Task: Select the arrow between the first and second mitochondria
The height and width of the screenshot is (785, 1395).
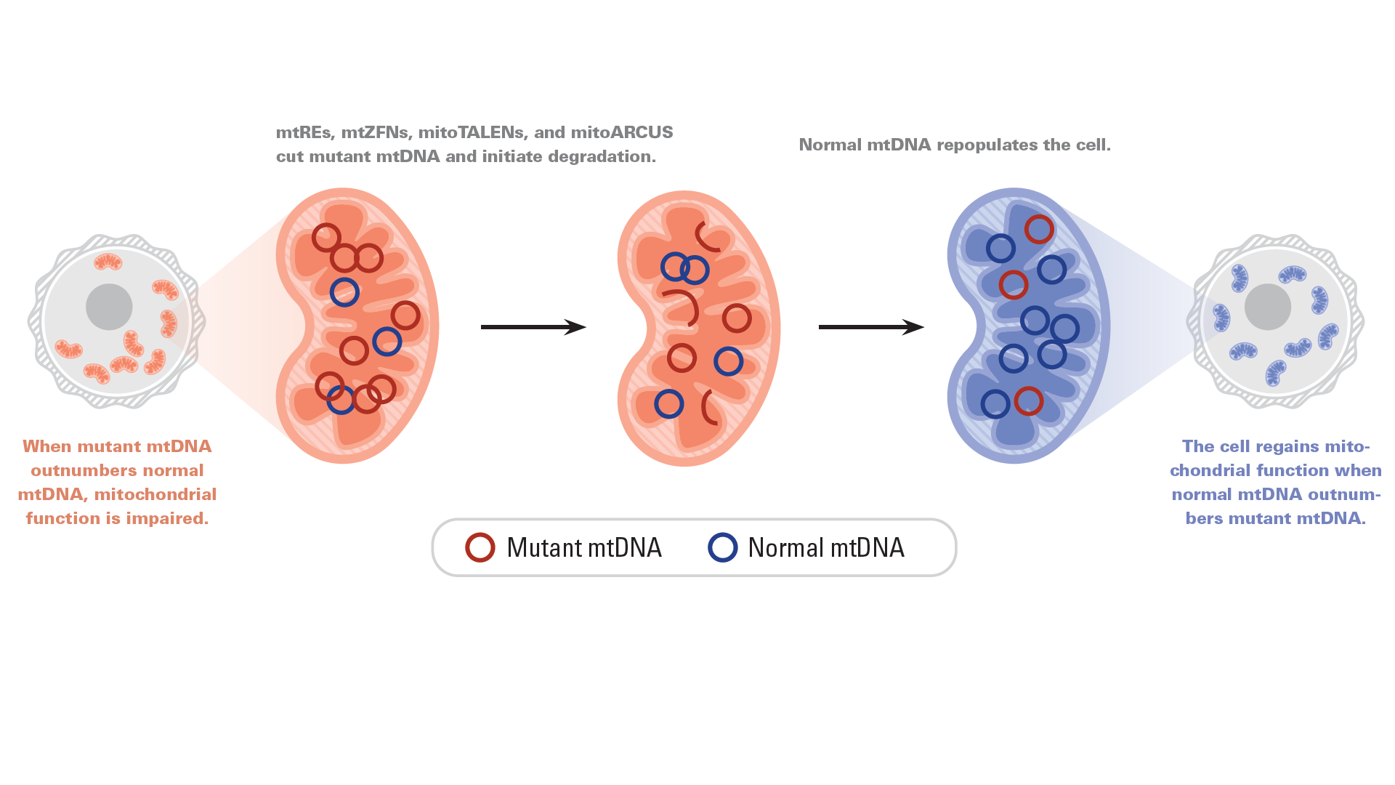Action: (x=533, y=327)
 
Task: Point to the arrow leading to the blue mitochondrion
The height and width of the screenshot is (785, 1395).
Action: (x=871, y=327)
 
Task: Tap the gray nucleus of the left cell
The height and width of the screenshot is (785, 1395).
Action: (x=109, y=307)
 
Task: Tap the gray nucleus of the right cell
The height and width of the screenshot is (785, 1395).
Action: (x=1268, y=307)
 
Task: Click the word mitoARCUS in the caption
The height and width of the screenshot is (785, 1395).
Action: (x=622, y=132)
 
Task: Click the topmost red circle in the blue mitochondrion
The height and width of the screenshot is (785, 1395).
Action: (x=1039, y=216)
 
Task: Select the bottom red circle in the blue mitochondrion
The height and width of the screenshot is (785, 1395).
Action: (x=1029, y=387)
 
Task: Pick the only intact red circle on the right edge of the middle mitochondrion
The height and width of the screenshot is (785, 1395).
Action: (x=737, y=305)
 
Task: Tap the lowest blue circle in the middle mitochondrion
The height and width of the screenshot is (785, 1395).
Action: (x=669, y=391)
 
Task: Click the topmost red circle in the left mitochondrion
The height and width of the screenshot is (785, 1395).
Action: (x=326, y=225)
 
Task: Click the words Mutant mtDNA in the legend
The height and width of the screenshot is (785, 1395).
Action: (x=584, y=548)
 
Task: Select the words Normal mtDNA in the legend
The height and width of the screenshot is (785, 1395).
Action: (x=826, y=548)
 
